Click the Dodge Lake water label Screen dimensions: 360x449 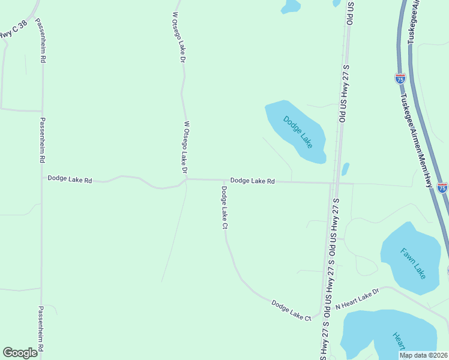click(298, 132)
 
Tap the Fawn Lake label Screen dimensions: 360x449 click(414, 262)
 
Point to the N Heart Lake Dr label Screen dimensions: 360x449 click(358, 299)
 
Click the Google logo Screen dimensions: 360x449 click(20, 353)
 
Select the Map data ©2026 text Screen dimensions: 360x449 click(423, 355)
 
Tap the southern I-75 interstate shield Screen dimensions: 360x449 click(442, 188)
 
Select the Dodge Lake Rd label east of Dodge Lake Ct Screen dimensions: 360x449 click(252, 181)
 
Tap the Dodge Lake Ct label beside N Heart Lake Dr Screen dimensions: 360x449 click(291, 310)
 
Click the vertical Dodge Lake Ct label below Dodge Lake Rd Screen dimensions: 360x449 click(224, 208)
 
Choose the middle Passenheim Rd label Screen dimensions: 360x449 click(42, 140)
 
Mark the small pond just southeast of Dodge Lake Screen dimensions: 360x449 click(345, 169)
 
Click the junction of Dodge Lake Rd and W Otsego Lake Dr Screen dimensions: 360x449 click(187, 178)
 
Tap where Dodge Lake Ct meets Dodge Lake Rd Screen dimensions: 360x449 click(224, 180)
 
